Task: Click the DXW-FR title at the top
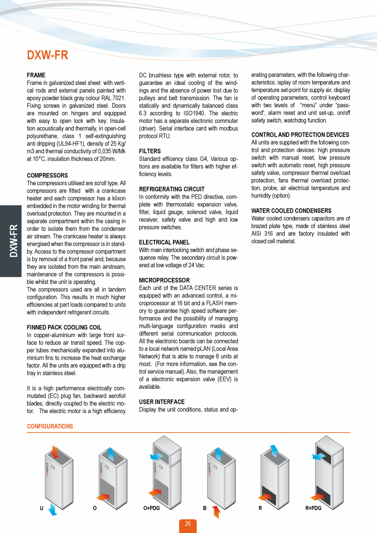tap(48, 55)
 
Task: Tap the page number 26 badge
tap(188, 524)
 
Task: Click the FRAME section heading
tap(36, 75)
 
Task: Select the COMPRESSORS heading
tap(47, 176)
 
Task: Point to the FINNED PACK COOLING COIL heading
tap(64, 327)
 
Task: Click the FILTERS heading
tap(150, 151)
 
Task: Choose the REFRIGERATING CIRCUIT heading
tap(172, 189)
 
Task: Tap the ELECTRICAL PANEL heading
tap(164, 243)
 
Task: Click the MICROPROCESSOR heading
tap(164, 281)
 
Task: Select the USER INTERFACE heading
tap(162, 402)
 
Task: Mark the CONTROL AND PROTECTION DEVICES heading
tap(300, 135)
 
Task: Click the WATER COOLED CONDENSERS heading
tap(291, 211)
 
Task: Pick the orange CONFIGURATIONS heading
tap(50, 426)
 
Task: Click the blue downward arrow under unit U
tap(52, 509)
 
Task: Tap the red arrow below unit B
tap(216, 512)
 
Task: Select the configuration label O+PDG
tap(151, 508)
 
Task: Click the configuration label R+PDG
tap(313, 508)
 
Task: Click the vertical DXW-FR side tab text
tap(14, 240)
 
